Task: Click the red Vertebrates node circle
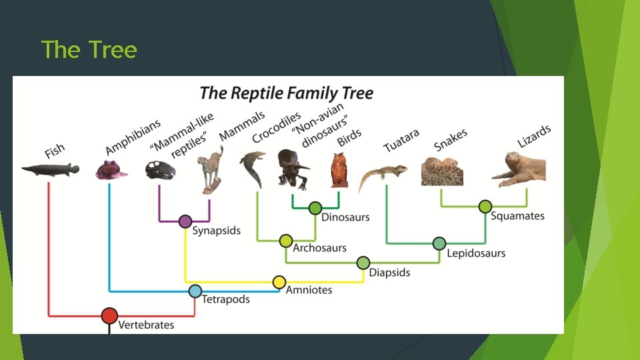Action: (109, 315)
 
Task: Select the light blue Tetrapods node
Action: (195, 291)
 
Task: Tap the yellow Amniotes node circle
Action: (279, 282)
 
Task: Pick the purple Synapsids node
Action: (185, 221)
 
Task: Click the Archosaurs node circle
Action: (286, 240)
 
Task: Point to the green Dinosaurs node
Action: (315, 208)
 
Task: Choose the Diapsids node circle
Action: (363, 263)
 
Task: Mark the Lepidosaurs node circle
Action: (439, 243)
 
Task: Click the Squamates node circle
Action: (485, 206)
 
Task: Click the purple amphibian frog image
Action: (111, 169)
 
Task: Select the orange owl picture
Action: (339, 171)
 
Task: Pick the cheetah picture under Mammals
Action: (212, 171)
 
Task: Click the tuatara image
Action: (382, 175)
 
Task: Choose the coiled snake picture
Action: (441, 171)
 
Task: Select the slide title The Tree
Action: (89, 49)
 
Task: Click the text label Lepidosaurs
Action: (476, 253)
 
